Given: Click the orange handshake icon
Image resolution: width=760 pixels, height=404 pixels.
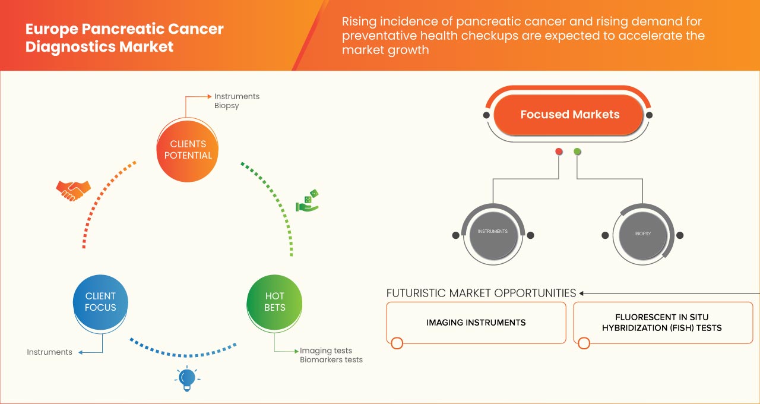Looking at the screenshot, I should click(x=73, y=190).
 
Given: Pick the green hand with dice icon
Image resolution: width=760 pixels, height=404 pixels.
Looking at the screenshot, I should click(x=308, y=201).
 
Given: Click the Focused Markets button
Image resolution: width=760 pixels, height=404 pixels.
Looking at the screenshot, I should click(x=569, y=115).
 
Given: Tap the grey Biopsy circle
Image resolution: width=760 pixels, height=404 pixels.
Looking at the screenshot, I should click(x=642, y=233).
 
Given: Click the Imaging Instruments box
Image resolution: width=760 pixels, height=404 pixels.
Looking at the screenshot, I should click(x=476, y=323).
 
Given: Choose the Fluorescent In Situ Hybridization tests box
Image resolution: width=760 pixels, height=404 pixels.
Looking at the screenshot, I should click(x=662, y=323).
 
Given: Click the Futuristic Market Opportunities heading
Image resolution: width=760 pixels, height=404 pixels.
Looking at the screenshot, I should click(x=481, y=293).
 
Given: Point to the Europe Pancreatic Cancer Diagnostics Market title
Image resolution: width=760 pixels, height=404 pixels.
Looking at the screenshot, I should click(x=124, y=38).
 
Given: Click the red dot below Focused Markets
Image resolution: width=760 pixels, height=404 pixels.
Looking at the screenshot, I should click(x=559, y=152).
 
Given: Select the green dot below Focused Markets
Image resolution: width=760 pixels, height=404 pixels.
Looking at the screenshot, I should click(x=577, y=152).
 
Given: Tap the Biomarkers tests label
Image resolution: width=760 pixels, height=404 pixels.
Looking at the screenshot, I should click(x=331, y=360).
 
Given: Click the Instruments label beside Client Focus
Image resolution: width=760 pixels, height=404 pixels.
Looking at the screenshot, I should click(x=49, y=352).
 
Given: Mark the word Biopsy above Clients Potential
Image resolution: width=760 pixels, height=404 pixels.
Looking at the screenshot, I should click(x=227, y=106).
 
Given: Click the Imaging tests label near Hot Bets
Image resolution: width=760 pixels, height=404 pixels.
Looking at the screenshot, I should click(x=325, y=351).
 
